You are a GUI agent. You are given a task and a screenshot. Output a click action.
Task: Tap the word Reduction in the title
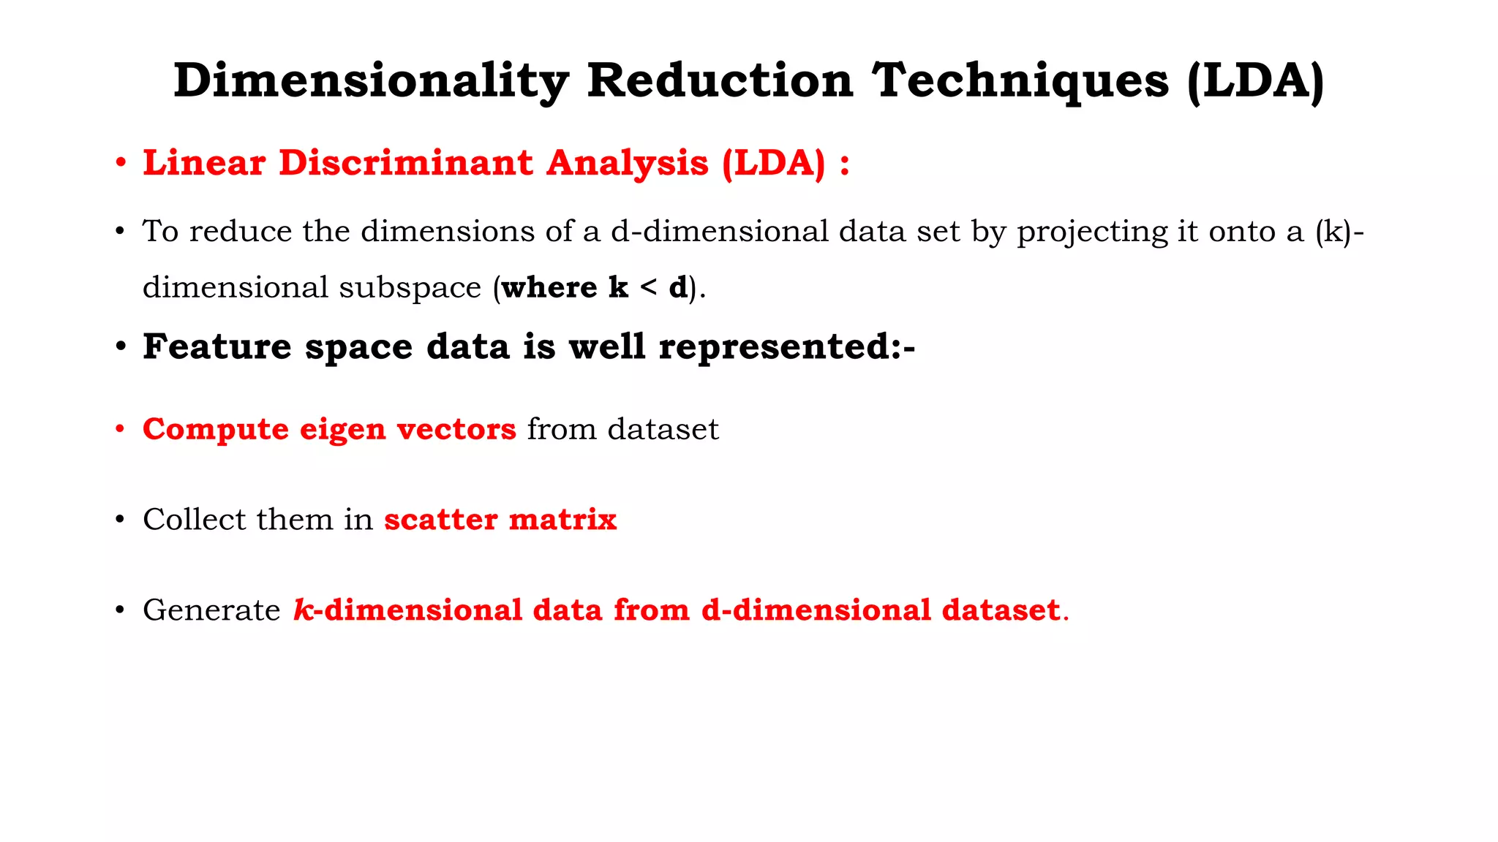[x=720, y=80]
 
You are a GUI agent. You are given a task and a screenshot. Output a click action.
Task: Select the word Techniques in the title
[x=1021, y=80]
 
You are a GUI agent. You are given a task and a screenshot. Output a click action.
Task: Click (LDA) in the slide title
[x=1255, y=80]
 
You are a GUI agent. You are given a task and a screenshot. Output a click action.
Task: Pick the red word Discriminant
[x=406, y=162]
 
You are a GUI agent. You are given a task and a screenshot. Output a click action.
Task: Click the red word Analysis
[x=628, y=162]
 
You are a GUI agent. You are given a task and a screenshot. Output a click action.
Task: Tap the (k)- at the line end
[x=1339, y=232]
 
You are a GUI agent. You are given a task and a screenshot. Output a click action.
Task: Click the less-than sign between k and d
[x=648, y=287]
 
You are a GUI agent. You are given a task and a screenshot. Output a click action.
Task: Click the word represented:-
[x=787, y=347]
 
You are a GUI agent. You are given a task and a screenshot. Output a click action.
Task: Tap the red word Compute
[x=216, y=429]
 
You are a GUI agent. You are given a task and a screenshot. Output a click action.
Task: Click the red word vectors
[x=456, y=429]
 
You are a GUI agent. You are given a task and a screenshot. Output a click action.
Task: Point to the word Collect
[x=195, y=520]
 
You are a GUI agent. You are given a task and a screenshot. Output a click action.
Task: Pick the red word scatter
[x=441, y=520]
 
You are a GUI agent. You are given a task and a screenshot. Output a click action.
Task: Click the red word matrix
[x=562, y=520]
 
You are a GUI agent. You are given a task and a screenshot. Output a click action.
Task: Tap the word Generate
[x=211, y=610]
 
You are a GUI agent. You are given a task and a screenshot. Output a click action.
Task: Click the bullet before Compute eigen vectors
[x=120, y=429]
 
